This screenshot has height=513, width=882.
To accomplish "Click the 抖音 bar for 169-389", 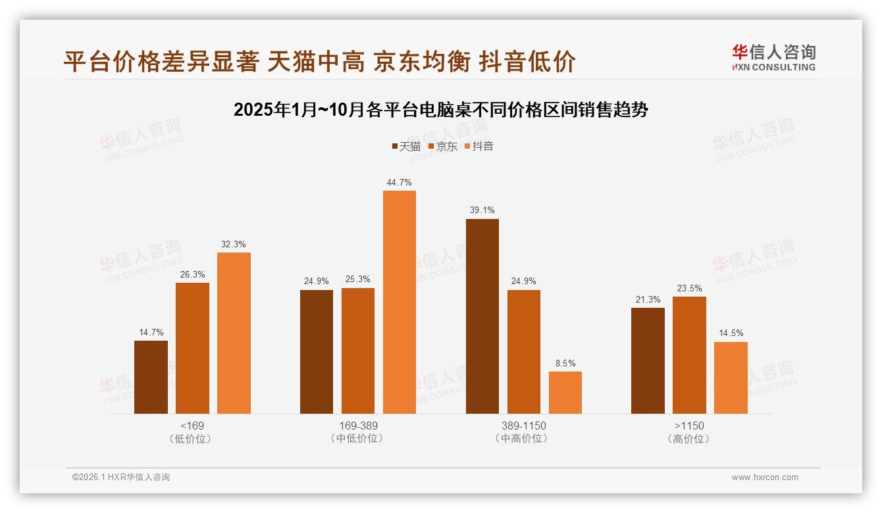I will [400, 302].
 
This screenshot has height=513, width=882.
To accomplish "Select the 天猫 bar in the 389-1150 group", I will [482, 316].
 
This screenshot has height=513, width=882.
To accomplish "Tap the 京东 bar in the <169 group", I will [192, 348].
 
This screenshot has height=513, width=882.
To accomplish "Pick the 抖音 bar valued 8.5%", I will [565, 393].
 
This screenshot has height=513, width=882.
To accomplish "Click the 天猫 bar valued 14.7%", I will [151, 377].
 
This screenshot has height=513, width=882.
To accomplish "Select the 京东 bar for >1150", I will [689, 355].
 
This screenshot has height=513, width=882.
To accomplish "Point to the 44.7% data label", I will [400, 182].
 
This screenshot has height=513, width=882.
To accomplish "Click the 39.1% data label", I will [482, 210].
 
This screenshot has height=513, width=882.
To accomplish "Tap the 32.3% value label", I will [234, 244].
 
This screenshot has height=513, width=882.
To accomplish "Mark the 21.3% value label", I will [648, 299].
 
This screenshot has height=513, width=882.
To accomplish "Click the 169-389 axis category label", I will [358, 426].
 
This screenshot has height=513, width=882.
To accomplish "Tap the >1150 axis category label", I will [689, 426].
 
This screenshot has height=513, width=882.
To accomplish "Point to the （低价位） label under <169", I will [192, 439].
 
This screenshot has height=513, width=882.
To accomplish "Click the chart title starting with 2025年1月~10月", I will [441, 110].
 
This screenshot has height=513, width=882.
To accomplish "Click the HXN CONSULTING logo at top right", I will [774, 57].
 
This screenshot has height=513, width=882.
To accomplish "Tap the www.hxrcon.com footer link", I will [765, 477].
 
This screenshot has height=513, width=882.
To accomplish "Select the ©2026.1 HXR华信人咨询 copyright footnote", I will [121, 477].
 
